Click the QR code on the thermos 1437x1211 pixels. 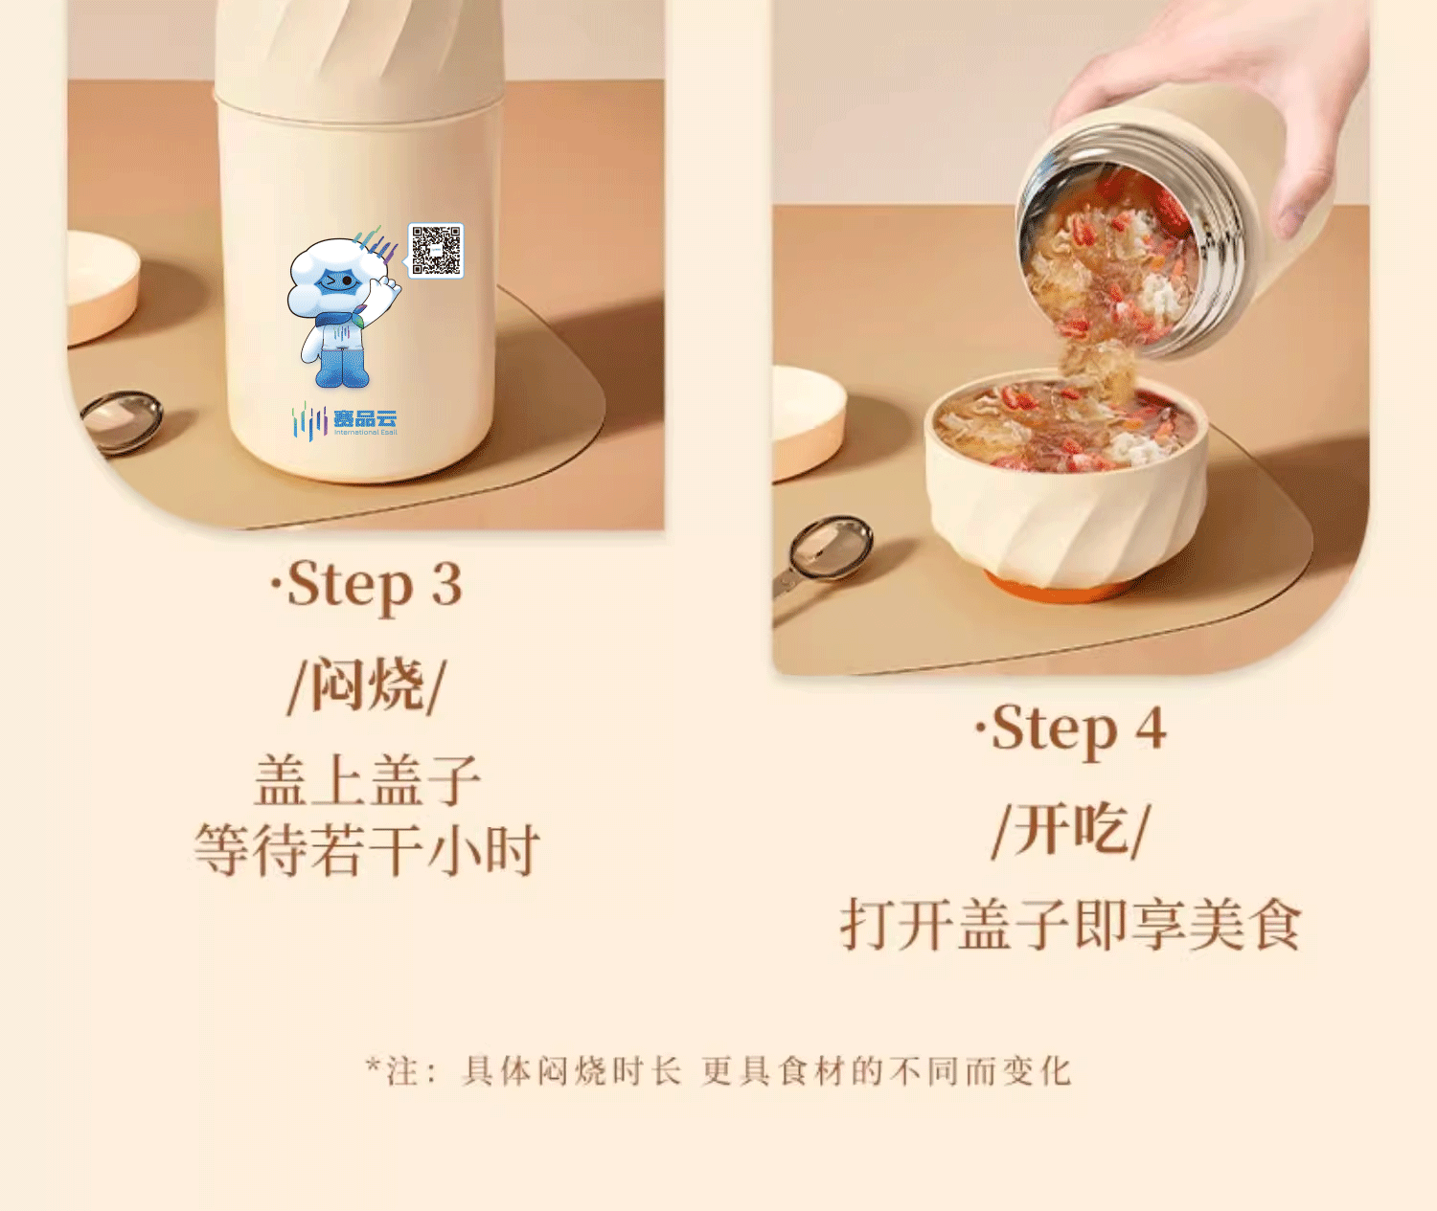[436, 250]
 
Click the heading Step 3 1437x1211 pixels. [366, 585]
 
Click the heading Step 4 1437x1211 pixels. [1071, 729]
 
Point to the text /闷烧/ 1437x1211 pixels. [367, 685]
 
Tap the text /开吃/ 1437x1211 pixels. [1071, 830]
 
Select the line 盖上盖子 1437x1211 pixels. [367, 780]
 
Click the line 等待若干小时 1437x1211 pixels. [367, 850]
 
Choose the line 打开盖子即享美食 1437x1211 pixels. [1071, 924]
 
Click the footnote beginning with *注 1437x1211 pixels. [718, 1070]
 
